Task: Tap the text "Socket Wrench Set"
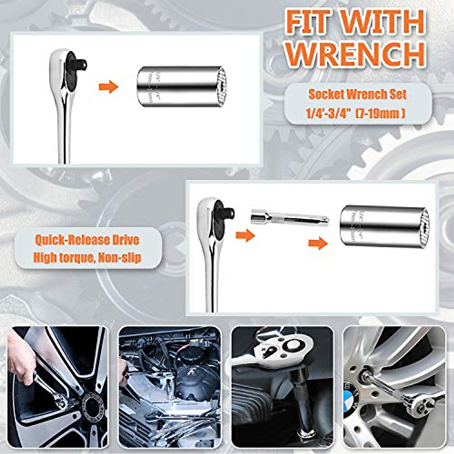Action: (x=358, y=94)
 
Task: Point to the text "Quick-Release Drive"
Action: (x=87, y=240)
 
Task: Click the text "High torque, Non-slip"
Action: (x=87, y=258)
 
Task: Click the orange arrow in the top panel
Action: (x=109, y=87)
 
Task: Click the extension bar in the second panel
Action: (x=289, y=218)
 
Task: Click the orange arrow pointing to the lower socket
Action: (x=318, y=243)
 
